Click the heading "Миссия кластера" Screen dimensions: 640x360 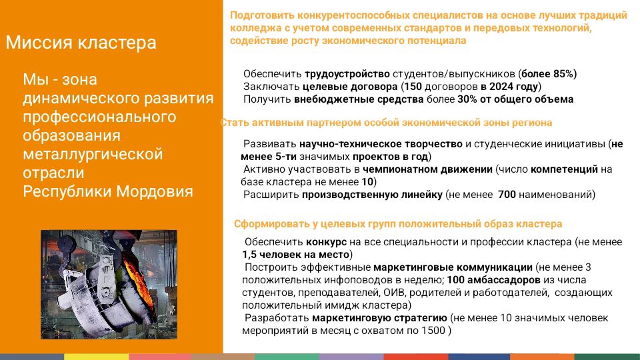tap(81, 43)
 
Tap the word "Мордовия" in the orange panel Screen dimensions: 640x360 tap(155, 191)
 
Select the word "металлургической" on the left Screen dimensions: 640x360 tap(93, 154)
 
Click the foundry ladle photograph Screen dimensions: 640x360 tap(109, 285)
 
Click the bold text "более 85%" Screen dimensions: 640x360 tap(549, 74)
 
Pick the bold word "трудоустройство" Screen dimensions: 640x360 tap(347, 74)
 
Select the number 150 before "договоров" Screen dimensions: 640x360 tap(413, 87)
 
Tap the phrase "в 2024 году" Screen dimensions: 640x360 tap(509, 87)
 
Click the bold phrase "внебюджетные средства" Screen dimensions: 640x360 tap(359, 99)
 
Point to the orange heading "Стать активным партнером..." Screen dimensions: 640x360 tap(386, 123)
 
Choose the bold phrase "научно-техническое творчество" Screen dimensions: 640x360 tap(381, 144)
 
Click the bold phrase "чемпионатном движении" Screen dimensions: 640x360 tap(427, 169)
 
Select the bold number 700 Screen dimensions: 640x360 tap(507, 195)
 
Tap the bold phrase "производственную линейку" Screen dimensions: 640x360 tap(372, 195)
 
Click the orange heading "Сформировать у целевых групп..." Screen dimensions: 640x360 tap(398, 224)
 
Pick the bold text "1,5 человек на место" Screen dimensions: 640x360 tap(295, 255)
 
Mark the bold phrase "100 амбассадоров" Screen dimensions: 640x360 tap(493, 280)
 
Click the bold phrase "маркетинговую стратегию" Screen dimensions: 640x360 tap(379, 318)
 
